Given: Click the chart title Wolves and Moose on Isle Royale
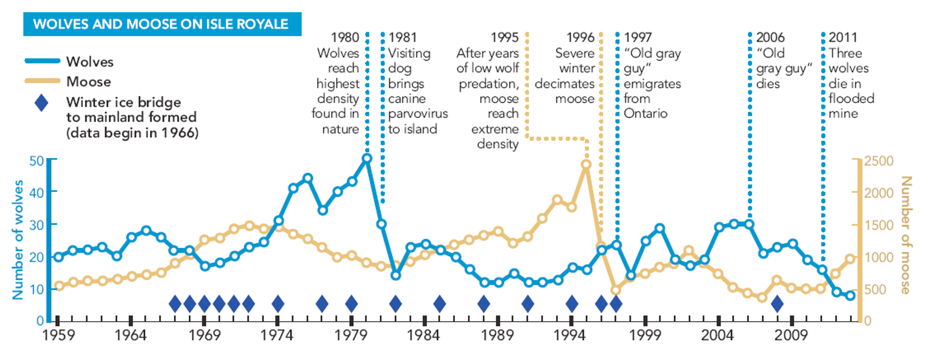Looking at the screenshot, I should pyautogui.click(x=161, y=24).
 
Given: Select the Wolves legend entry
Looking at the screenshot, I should pyautogui.click(x=90, y=62).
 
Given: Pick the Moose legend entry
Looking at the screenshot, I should pyautogui.click(x=89, y=82).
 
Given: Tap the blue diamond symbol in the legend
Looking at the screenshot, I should pyautogui.click(x=42, y=102).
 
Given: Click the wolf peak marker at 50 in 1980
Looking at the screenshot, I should pyautogui.click(x=367, y=158).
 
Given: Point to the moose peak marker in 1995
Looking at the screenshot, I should pyautogui.click(x=586, y=164).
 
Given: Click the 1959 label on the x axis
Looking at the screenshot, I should pyautogui.click(x=58, y=335).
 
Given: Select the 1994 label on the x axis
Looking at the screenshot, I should pyautogui.click(x=570, y=335).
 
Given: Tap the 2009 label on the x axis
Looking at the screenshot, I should pyautogui.click(x=791, y=335).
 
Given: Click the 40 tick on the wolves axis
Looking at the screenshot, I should pyautogui.click(x=37, y=192).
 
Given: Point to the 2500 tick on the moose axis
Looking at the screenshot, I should pyautogui.click(x=879, y=161).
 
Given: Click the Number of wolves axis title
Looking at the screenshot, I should pyautogui.click(x=18, y=239).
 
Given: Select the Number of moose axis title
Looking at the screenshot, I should pyautogui.click(x=906, y=235).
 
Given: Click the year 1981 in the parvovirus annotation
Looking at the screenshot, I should pyautogui.click(x=403, y=38).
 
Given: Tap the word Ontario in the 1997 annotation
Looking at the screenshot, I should pyautogui.click(x=646, y=113).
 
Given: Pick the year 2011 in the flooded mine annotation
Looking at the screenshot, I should pyautogui.click(x=843, y=38).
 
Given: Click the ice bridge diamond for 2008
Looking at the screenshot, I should pyautogui.click(x=777, y=304).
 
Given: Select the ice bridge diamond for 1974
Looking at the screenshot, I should pyautogui.click(x=278, y=304).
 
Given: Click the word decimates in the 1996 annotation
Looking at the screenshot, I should pyautogui.click(x=565, y=84).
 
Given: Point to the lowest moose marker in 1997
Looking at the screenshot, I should pyautogui.click(x=616, y=290).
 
